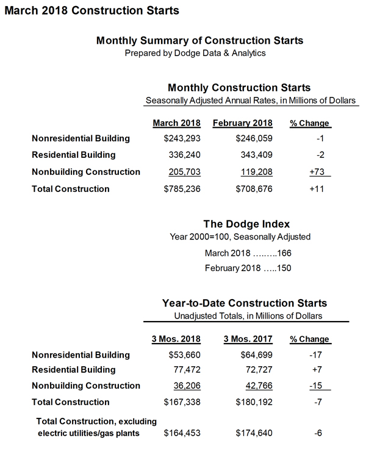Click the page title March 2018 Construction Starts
91,10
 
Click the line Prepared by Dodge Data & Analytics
195,54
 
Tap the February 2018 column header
242,123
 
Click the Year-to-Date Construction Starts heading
245,303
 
